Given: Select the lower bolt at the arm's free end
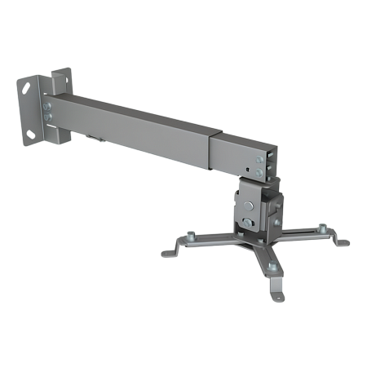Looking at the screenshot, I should point(259,173).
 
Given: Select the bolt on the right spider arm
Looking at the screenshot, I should point(321,228).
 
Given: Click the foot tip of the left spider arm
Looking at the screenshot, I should point(166,252).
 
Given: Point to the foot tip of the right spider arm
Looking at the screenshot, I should point(344,242).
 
